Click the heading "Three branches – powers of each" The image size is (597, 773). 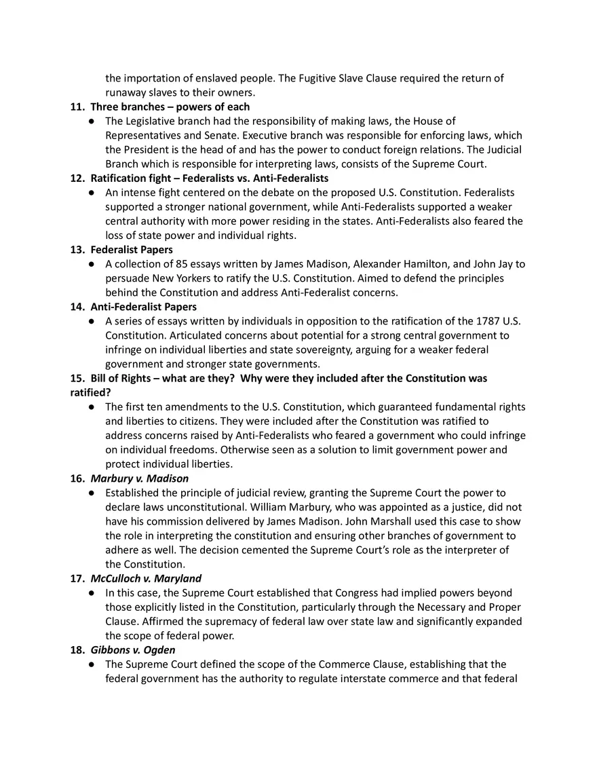pyautogui.click(x=170, y=107)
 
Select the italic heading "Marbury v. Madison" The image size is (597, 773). pyautogui.click(x=140, y=478)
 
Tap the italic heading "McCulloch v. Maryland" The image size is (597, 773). pyautogui.click(x=146, y=578)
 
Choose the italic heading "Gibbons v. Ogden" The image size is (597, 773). pyautogui.click(x=132, y=650)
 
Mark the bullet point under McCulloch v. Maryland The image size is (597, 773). pyautogui.click(x=91, y=593)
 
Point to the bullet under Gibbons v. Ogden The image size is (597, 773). pyautogui.click(x=91, y=664)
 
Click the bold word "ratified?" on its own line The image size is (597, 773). pyautogui.click(x=91, y=392)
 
